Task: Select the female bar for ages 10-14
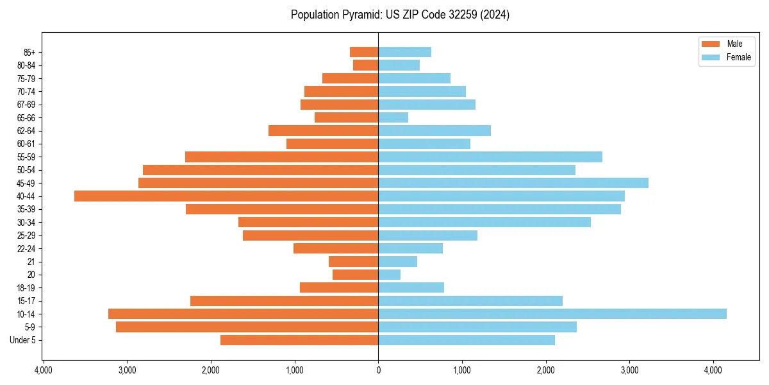click(552, 314)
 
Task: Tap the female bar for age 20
click(390, 275)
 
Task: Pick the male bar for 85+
click(364, 52)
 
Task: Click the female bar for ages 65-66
click(393, 117)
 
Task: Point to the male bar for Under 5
click(299, 340)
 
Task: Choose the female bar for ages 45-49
click(513, 183)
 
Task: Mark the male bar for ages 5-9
click(247, 327)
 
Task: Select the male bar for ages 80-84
click(366, 65)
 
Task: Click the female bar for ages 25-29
click(428, 235)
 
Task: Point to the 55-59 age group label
click(26, 157)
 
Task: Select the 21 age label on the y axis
click(31, 262)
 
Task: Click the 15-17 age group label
click(26, 301)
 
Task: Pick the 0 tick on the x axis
click(378, 370)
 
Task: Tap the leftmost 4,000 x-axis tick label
click(43, 370)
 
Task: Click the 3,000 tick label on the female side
click(629, 370)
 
